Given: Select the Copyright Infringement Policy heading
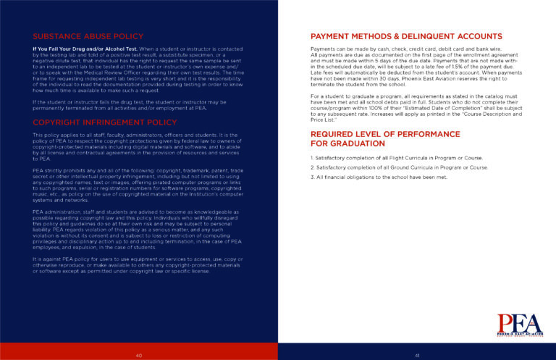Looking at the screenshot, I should pyautogui.click(x=95, y=122).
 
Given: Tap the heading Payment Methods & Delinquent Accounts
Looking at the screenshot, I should pyautogui.click(x=405, y=36).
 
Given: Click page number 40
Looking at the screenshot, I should pyautogui.click(x=139, y=354).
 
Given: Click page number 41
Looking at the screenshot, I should pyautogui.click(x=418, y=354).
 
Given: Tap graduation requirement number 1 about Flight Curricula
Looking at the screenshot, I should pyautogui.click(x=395, y=158).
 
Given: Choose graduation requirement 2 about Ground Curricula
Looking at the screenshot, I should pyautogui.click(x=398, y=167).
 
